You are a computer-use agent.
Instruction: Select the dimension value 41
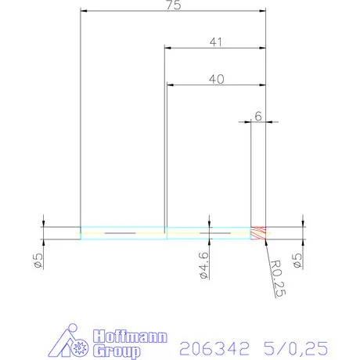215,42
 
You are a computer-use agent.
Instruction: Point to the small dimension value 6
257,116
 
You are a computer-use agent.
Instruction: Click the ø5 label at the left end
38,258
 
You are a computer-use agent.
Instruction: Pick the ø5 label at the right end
297,258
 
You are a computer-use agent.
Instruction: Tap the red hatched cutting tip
258,232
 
